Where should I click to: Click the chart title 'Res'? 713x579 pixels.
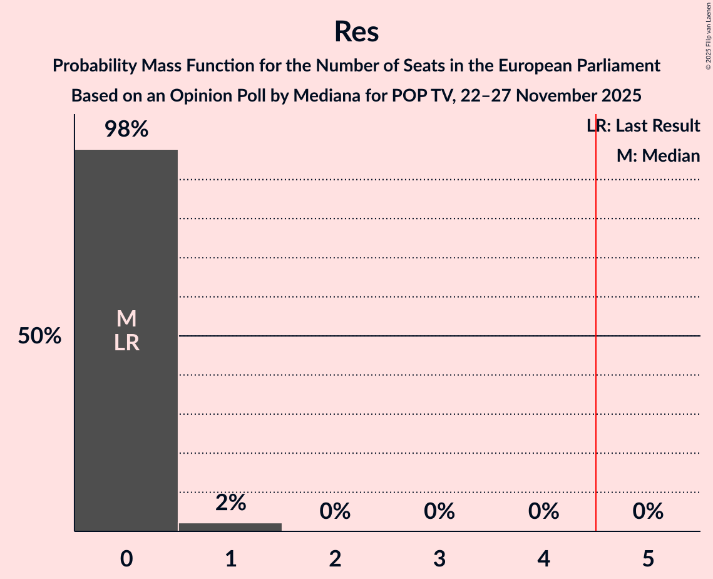[356, 31]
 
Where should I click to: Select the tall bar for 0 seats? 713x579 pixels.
[126, 407]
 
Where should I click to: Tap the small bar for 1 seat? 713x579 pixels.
[230, 527]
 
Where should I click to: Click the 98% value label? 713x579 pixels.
[126, 130]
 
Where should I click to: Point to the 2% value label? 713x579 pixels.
[230, 502]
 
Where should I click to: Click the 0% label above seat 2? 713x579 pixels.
[335, 511]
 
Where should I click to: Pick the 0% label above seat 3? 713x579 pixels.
[439, 511]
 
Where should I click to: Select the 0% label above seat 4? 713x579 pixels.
[543, 511]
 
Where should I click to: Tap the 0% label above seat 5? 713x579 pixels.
[648, 511]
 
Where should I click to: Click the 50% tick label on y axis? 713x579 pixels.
[39, 336]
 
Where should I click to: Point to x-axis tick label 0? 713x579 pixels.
[126, 558]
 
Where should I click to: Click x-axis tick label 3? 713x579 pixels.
[439, 558]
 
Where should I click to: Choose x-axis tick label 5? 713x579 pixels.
[648, 558]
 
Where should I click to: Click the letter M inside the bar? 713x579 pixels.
[126, 319]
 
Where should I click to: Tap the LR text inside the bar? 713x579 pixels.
[126, 343]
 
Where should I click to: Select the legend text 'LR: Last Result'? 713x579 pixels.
[644, 126]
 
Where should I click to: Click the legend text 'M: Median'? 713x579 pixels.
[658, 155]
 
